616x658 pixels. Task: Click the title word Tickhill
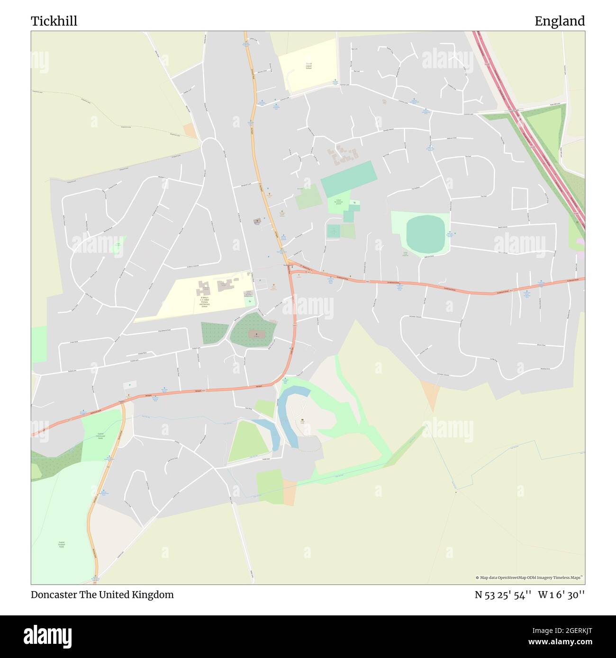[54, 21]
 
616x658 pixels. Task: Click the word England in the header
[559, 21]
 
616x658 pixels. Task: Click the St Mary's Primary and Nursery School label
[205, 302]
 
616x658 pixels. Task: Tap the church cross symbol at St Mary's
[256, 334]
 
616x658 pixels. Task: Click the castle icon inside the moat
[302, 419]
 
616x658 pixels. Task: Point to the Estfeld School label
[308, 66]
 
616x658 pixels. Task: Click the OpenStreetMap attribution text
[529, 578]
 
